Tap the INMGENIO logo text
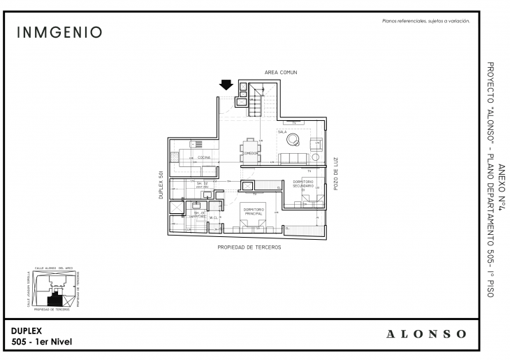point(59,33)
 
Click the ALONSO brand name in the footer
point(425,334)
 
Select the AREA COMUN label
point(281,72)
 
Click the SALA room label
point(282,131)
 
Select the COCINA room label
point(204,158)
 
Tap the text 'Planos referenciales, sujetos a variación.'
point(425,21)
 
